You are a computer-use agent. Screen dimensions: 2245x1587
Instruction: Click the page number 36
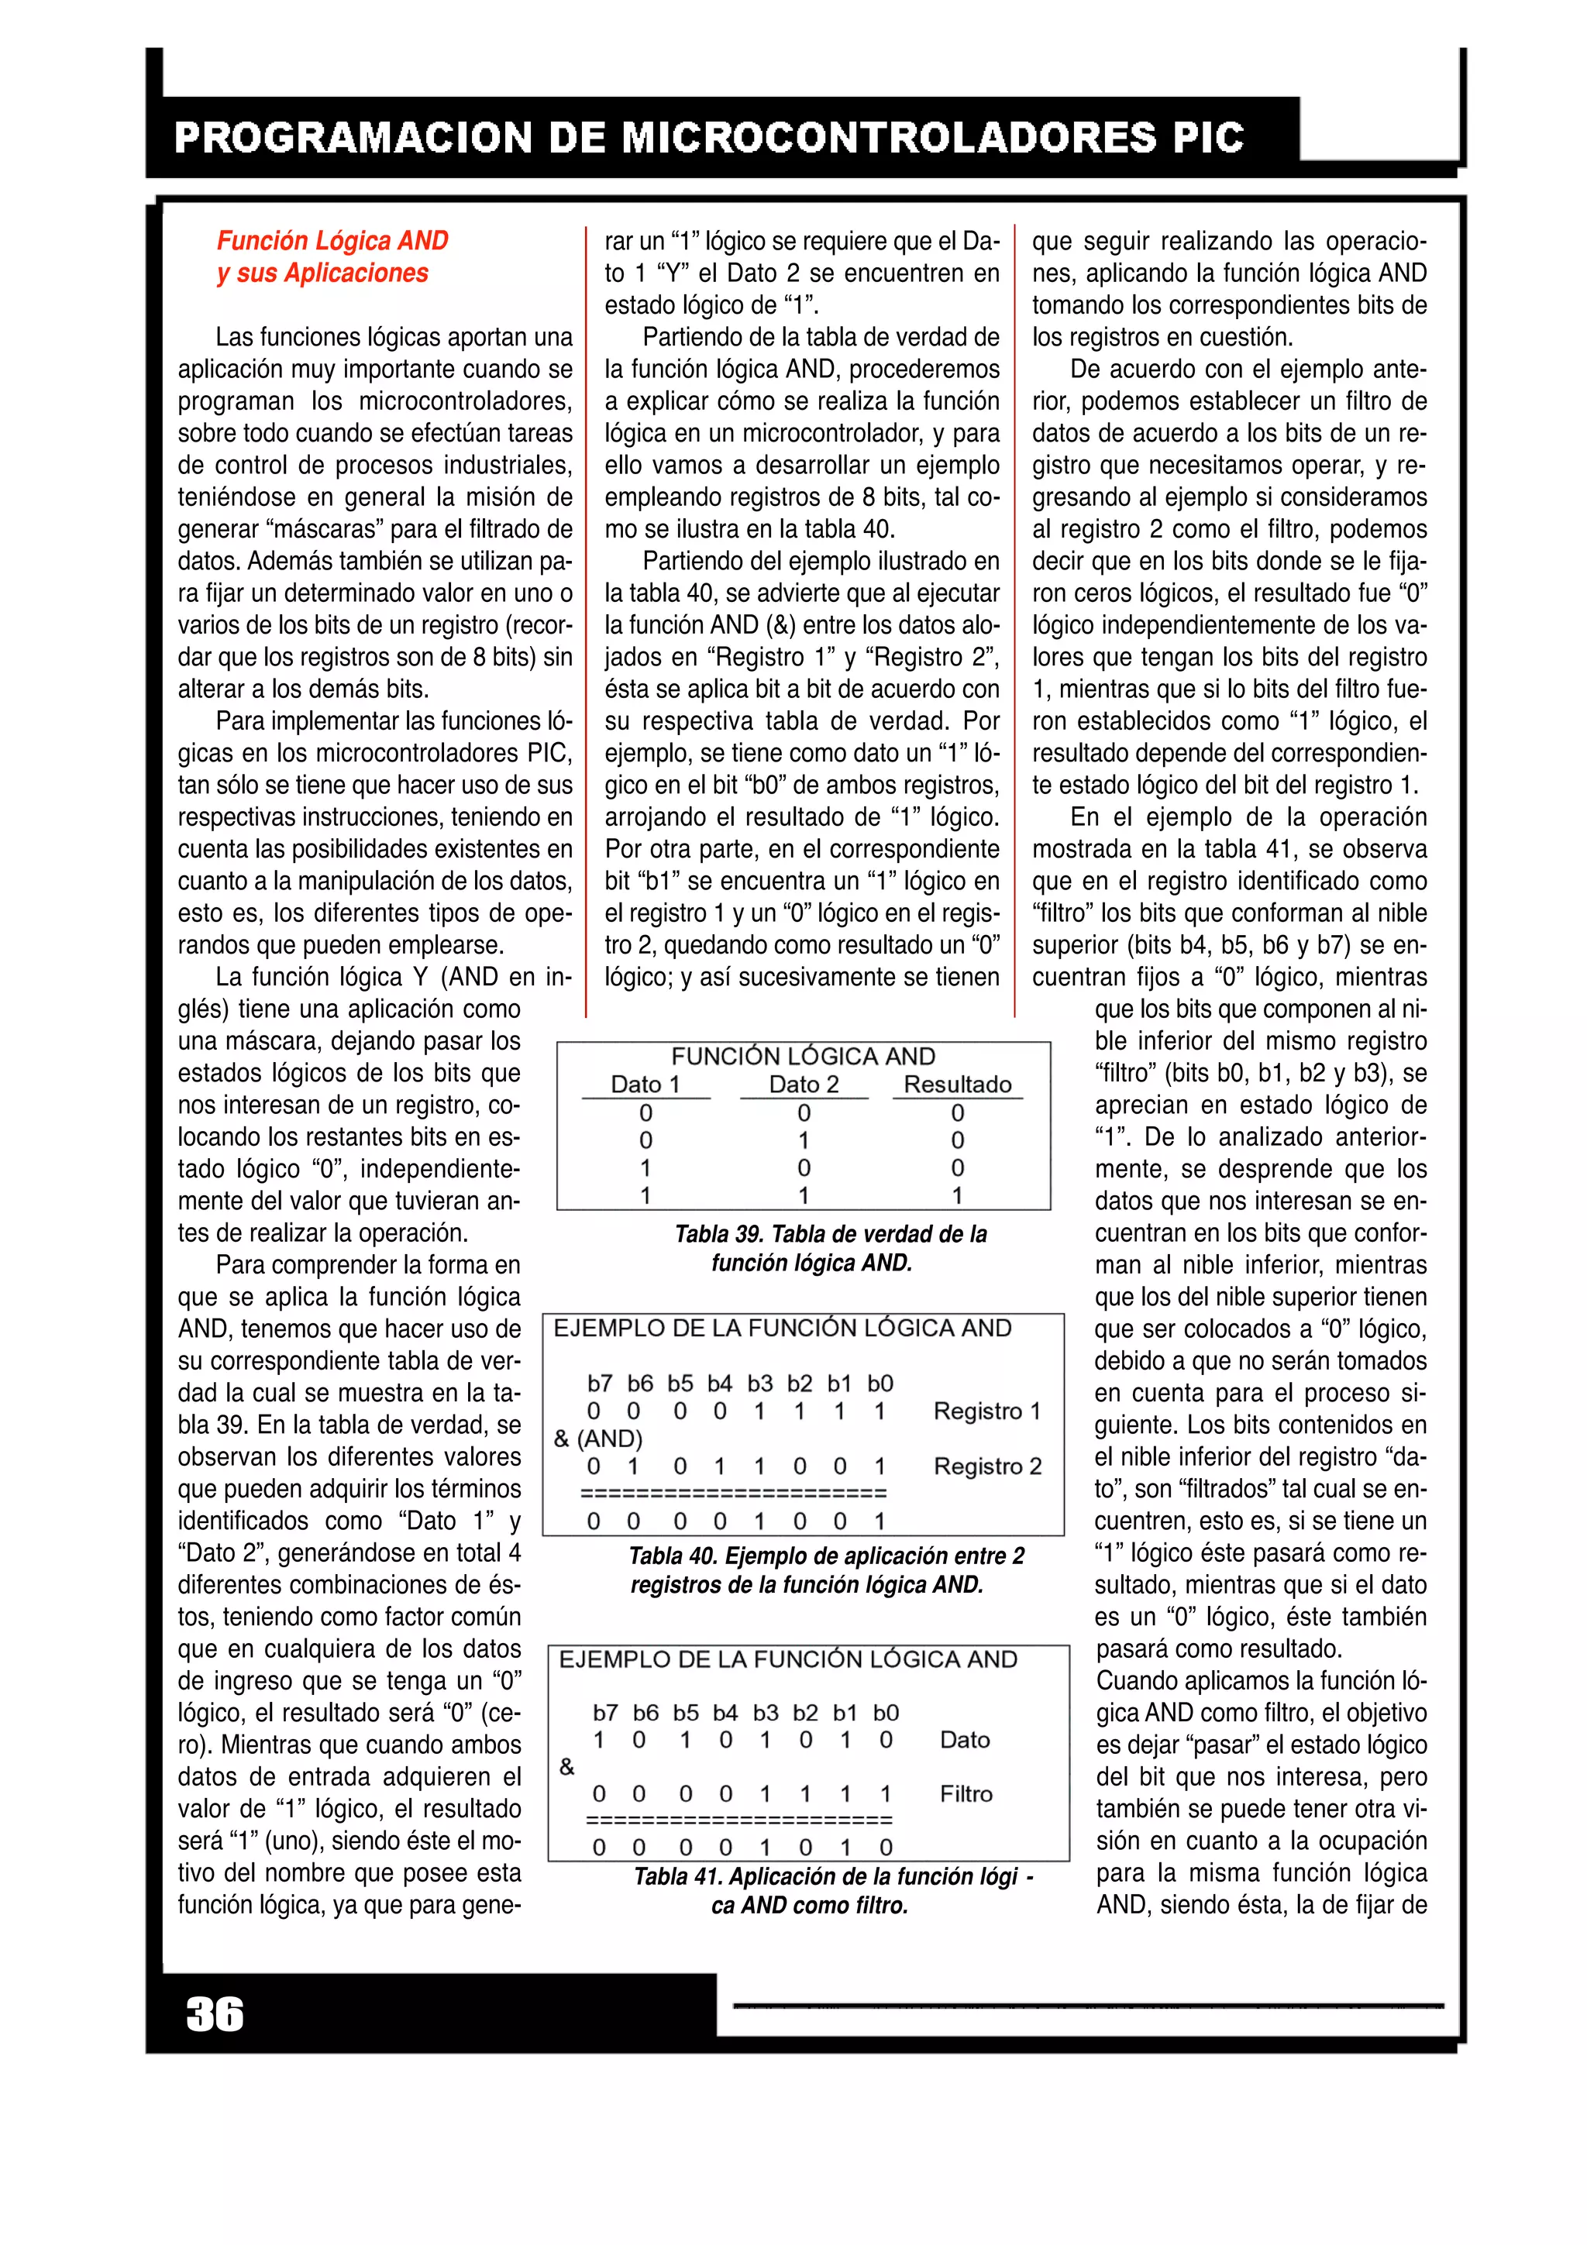click(x=215, y=2014)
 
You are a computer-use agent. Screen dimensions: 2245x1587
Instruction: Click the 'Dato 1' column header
click(x=645, y=1085)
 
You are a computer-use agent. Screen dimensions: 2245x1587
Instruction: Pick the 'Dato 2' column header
click(x=804, y=1085)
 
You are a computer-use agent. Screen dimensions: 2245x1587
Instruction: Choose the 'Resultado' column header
click(x=957, y=1085)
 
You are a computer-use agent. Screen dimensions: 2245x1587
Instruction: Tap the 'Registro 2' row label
click(x=987, y=1466)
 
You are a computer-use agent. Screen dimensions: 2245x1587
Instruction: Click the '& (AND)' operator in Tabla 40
click(x=597, y=1439)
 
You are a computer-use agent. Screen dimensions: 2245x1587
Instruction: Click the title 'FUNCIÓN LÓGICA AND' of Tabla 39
click(x=803, y=1056)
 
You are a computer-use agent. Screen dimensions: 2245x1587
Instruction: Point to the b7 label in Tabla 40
click(x=600, y=1384)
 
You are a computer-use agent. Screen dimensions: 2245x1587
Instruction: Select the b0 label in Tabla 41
click(x=886, y=1712)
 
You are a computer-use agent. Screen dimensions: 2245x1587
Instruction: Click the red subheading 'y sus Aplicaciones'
click(x=322, y=273)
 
